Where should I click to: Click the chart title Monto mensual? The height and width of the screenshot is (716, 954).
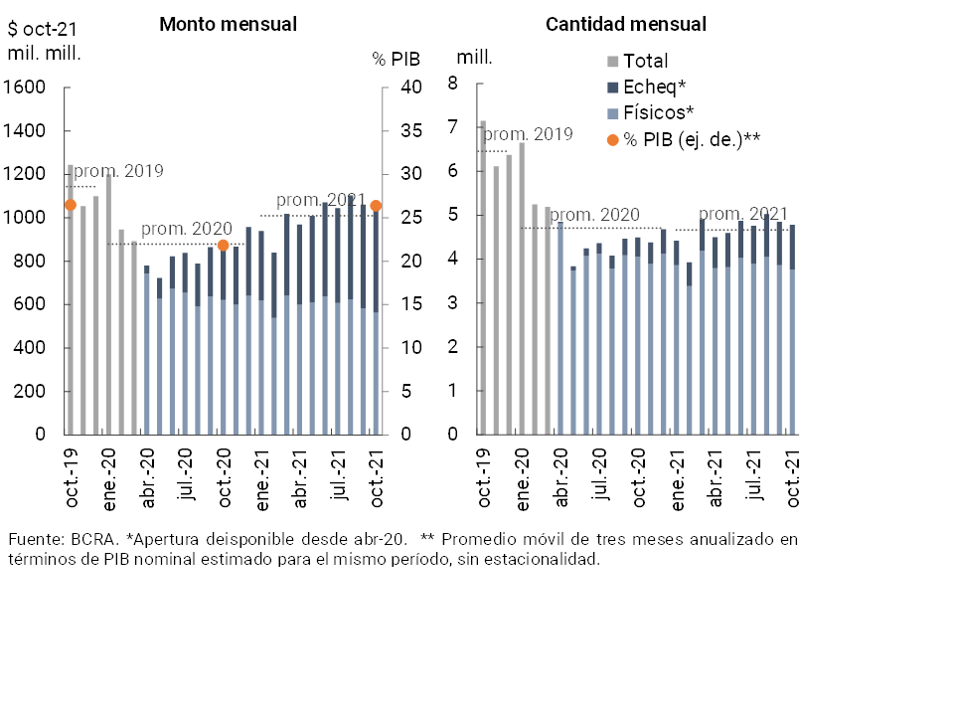(x=228, y=25)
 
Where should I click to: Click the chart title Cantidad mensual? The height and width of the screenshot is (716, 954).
(x=626, y=25)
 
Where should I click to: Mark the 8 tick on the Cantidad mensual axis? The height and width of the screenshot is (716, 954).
(x=452, y=85)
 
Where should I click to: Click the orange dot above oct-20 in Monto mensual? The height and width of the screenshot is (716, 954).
(x=223, y=245)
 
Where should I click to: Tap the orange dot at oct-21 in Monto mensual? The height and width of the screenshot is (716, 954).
(x=376, y=206)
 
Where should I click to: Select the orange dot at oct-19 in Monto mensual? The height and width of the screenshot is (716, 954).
(x=70, y=205)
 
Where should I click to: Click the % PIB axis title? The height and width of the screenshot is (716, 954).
(x=397, y=59)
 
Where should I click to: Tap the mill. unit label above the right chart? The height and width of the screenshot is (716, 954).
(x=474, y=57)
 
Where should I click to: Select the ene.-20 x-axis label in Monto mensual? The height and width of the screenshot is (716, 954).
(x=108, y=478)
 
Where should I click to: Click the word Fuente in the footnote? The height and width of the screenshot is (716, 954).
(x=35, y=539)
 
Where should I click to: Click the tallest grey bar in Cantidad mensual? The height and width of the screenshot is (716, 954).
(x=483, y=278)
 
